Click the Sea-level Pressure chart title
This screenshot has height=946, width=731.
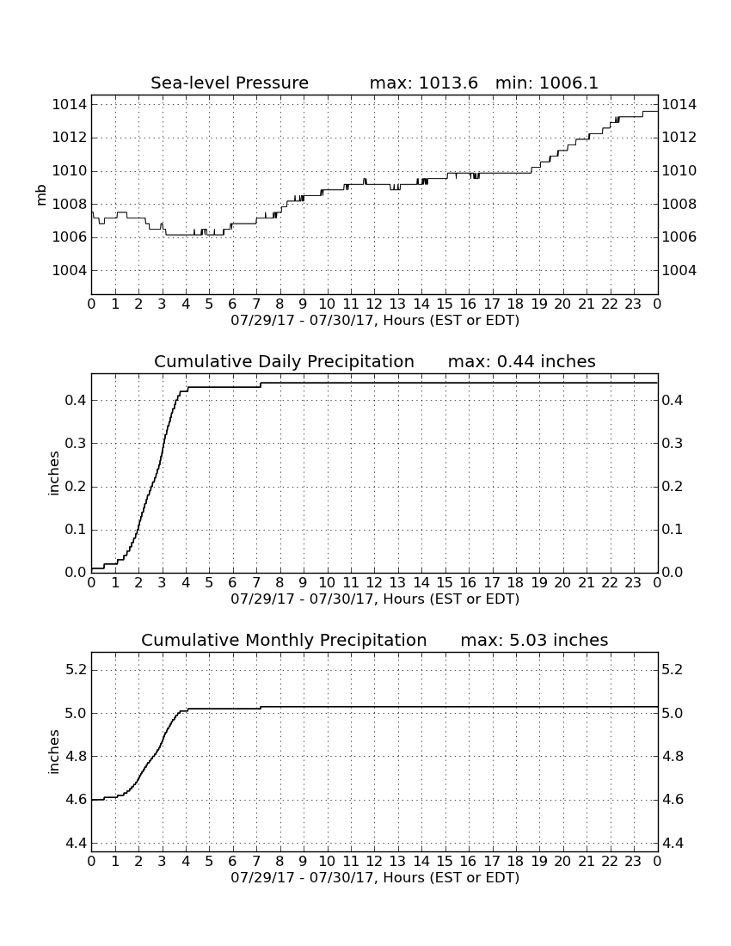tap(230, 83)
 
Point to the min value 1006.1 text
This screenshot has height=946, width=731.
tap(568, 83)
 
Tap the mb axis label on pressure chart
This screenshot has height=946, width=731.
tap(41, 195)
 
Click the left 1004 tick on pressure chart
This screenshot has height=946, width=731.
tap(70, 270)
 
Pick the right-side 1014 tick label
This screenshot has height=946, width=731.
tap(679, 105)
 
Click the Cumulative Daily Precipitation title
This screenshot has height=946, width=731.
tap(284, 361)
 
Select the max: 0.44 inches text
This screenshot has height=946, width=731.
tap(522, 361)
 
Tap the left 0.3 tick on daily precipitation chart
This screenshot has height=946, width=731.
tap(76, 444)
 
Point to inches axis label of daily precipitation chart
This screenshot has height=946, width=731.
tap(53, 474)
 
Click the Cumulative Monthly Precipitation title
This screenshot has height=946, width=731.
tap(284, 640)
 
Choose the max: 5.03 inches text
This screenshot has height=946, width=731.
tap(534, 640)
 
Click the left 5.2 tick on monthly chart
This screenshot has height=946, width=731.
tap(76, 670)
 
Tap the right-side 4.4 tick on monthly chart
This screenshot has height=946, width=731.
tap(673, 843)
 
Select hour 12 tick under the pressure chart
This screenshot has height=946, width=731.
tap(374, 304)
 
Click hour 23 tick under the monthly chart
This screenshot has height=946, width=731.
tap(633, 862)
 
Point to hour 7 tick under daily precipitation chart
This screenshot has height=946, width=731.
tap(256, 583)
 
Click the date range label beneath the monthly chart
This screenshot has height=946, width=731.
tap(375, 877)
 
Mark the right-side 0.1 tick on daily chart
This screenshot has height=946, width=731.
tap(673, 530)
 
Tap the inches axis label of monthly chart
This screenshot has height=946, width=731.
tap(53, 752)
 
